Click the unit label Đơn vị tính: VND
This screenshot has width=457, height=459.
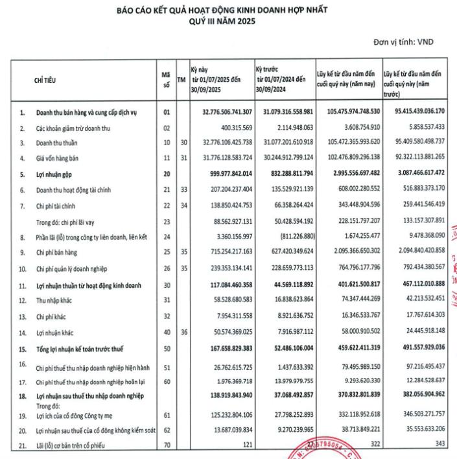pos(403,43)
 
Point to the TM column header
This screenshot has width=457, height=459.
pos(182,79)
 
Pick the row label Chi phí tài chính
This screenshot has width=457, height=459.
pos(55,205)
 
